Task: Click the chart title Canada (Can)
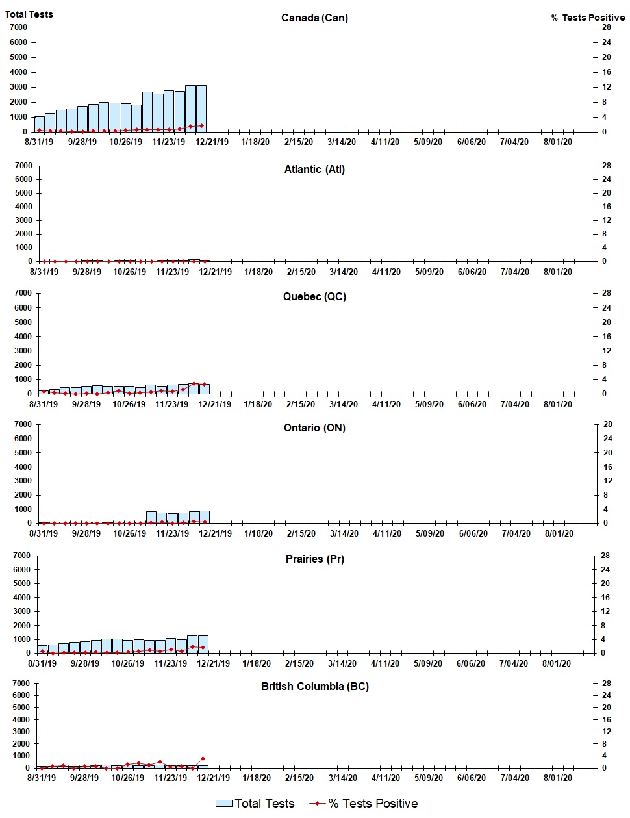314,18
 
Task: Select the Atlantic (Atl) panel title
314,169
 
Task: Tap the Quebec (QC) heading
314,296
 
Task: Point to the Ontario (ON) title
314,428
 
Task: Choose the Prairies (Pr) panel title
314,559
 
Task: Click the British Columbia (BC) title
314,686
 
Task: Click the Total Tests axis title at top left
29,14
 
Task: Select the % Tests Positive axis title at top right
588,18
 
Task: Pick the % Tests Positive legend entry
364,804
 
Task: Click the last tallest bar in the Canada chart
201,109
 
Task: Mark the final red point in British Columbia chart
203,758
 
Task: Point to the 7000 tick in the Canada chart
19,27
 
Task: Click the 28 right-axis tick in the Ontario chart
607,424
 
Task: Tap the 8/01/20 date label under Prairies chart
557,663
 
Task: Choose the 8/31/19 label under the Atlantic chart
44,272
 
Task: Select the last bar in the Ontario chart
205,517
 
